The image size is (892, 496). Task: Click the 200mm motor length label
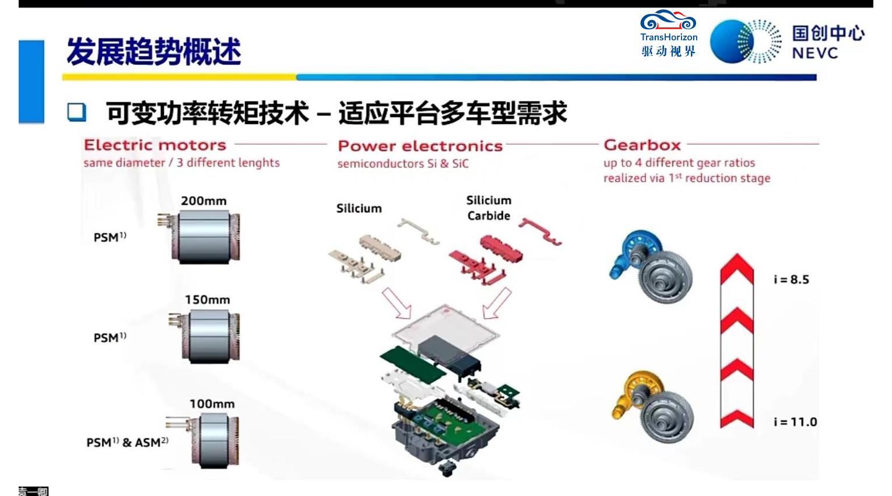point(203,201)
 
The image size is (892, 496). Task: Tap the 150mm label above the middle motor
point(207,300)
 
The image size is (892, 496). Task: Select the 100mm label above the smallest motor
point(212,404)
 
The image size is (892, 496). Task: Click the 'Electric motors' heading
point(155,145)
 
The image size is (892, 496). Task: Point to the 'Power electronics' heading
point(420,146)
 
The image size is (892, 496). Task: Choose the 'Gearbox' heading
point(642,145)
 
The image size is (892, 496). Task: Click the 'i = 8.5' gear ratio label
point(791,280)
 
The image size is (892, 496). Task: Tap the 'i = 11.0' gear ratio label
point(795,422)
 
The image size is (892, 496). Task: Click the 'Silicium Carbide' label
point(489,208)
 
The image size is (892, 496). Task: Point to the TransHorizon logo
point(669,33)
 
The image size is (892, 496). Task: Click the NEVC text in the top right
point(814,53)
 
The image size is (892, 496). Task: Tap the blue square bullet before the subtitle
point(76,112)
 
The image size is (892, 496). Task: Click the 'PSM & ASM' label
point(127,442)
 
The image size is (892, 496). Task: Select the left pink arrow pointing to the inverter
point(396,303)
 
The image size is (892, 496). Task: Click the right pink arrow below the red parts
point(497,303)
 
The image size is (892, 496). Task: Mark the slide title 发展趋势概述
point(154,51)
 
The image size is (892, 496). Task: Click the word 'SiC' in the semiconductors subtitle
point(461,163)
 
